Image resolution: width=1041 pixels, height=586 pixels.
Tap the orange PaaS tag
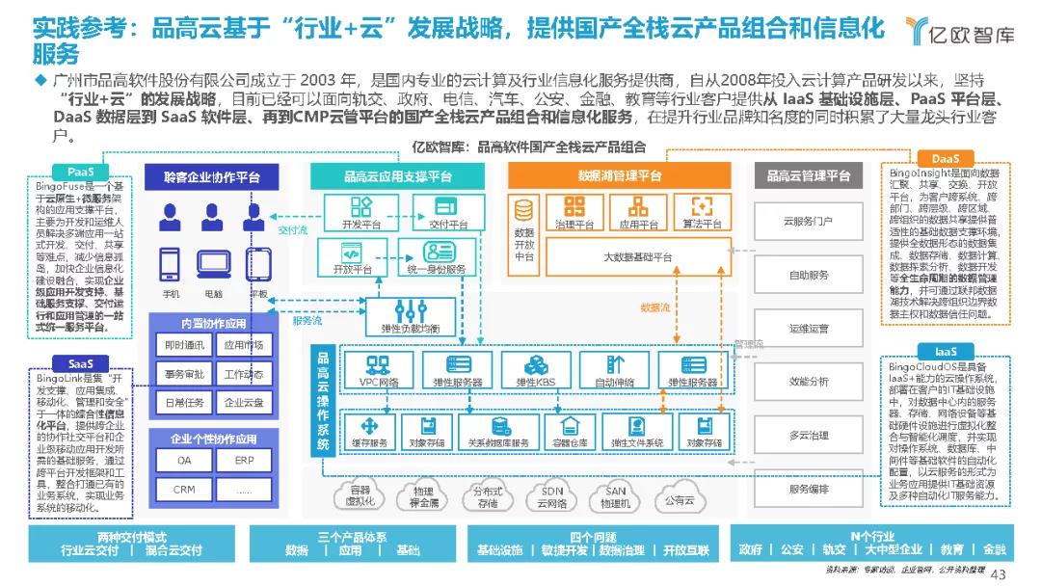81,172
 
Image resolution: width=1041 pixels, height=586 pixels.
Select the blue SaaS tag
81,363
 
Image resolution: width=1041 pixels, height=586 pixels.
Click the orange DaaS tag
945,158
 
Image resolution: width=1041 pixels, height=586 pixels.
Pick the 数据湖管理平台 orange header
620,175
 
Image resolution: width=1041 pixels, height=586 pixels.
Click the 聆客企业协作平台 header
212,177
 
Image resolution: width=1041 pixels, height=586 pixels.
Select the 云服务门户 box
809,221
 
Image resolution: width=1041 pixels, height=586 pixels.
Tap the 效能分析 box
809,381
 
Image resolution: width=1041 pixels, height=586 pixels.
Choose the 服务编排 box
809,489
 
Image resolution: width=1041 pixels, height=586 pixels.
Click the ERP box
245,461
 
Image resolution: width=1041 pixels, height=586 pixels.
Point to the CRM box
184,489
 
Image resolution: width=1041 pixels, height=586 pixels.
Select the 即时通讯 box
184,345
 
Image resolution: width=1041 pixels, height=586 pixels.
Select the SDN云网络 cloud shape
552,497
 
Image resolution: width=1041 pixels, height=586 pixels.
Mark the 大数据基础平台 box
637,256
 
